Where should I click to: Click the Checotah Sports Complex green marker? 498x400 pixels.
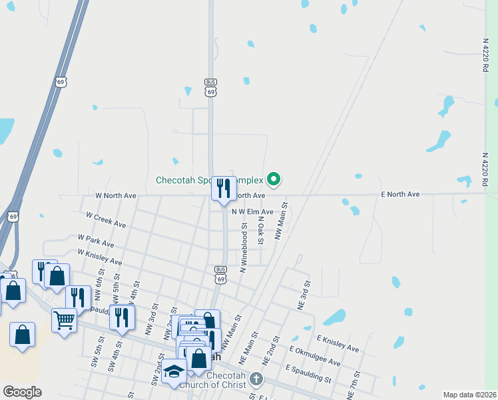(273, 179)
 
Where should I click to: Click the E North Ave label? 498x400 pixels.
(399, 194)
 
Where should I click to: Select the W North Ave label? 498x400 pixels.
(116, 195)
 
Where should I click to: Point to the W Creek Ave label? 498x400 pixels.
(106, 220)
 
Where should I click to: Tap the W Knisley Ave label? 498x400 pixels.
(100, 257)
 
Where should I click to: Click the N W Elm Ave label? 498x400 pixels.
(252, 211)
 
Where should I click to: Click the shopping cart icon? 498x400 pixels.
(64, 320)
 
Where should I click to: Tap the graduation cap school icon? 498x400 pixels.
(174, 371)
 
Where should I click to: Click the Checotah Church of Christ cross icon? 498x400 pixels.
(256, 379)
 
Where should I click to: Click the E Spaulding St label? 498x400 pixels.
(308, 373)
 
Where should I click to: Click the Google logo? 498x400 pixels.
(22, 392)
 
